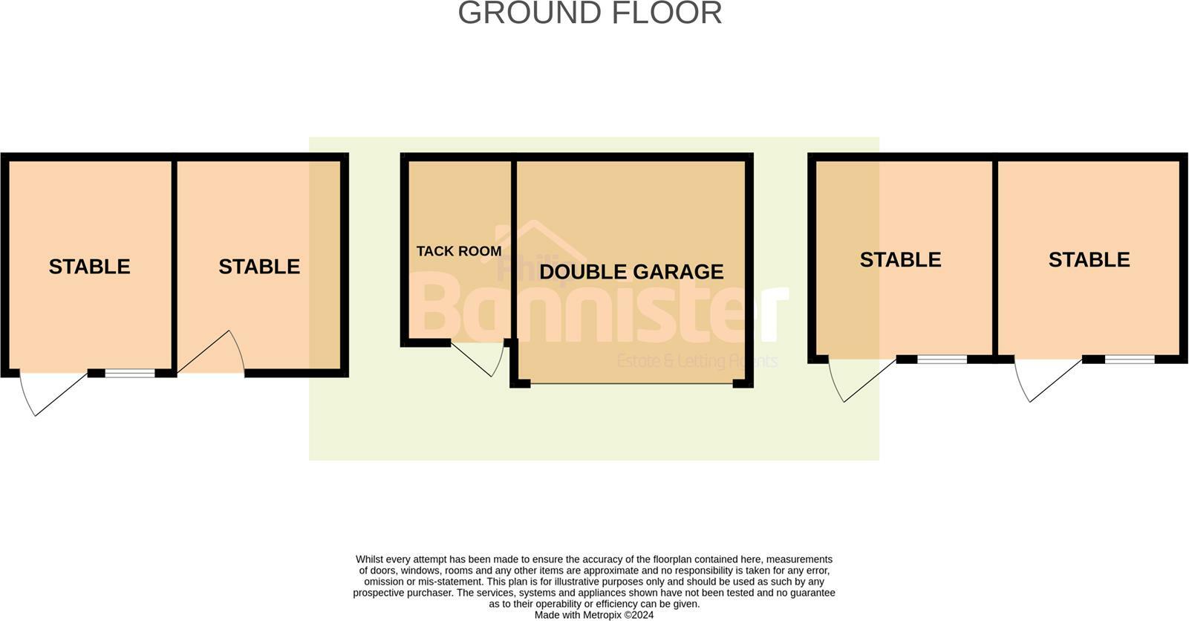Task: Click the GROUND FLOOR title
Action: [590, 13]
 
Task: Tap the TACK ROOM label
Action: [458, 251]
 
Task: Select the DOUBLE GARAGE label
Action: [631, 272]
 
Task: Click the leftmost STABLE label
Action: [89, 267]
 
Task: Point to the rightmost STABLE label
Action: [1089, 259]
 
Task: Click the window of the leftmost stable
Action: [129, 373]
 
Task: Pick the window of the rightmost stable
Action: [1130, 360]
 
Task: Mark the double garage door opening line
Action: [631, 384]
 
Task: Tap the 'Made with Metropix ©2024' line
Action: [594, 615]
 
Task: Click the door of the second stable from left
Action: [211, 352]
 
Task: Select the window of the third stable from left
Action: [942, 360]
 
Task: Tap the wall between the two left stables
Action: [175, 264]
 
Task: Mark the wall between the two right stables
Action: [995, 256]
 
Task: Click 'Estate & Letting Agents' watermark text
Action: [697, 362]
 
